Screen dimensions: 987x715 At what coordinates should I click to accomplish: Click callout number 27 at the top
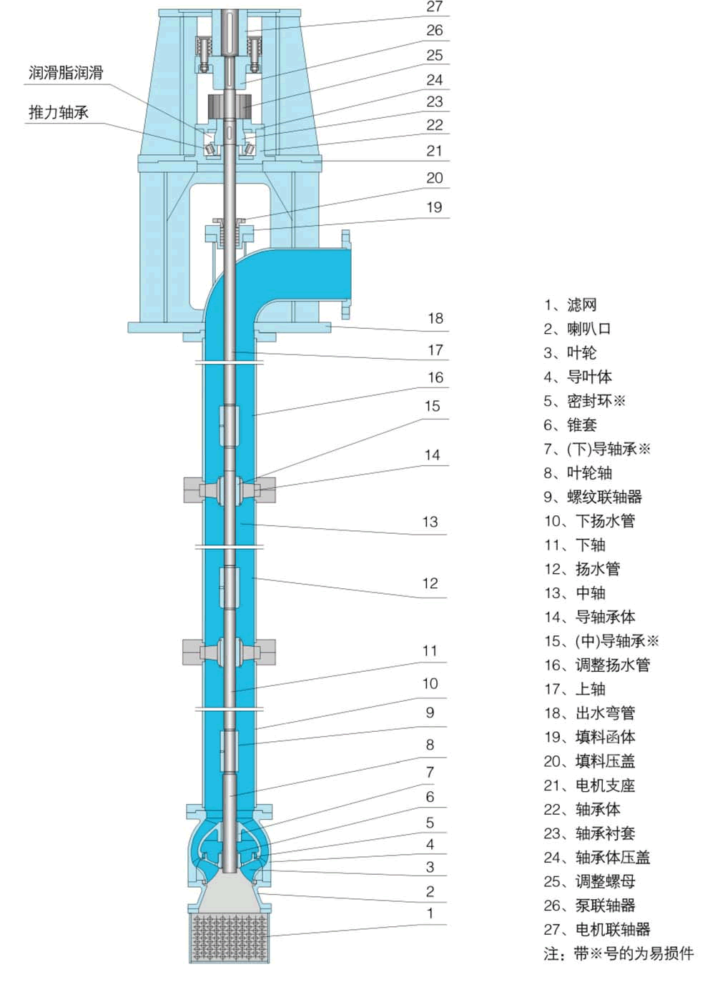[x=435, y=7]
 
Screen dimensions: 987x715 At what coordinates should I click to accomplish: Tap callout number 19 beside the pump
[x=434, y=207]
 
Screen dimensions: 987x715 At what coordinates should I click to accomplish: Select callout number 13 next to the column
[x=430, y=522]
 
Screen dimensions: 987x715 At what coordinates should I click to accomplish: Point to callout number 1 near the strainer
[x=430, y=913]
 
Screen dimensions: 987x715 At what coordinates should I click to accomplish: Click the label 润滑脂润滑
[x=66, y=73]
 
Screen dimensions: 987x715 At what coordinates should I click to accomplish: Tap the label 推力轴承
[x=59, y=112]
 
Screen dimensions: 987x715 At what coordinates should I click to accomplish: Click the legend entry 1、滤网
[x=570, y=305]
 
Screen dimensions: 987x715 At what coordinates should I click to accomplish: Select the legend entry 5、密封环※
[x=584, y=401]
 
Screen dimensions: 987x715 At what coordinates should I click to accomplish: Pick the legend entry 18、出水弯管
[x=589, y=713]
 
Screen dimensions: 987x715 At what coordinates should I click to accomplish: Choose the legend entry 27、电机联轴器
[x=596, y=929]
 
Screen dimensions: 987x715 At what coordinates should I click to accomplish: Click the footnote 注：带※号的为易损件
[x=618, y=953]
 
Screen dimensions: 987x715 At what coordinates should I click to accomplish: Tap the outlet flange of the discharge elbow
[x=346, y=274]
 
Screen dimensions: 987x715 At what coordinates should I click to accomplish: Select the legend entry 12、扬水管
[x=581, y=569]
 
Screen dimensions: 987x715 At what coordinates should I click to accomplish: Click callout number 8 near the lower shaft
[x=430, y=745]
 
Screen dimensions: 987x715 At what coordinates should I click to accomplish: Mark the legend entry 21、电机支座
[x=589, y=785]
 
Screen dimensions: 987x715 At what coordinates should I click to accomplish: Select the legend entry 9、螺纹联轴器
[x=593, y=497]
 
